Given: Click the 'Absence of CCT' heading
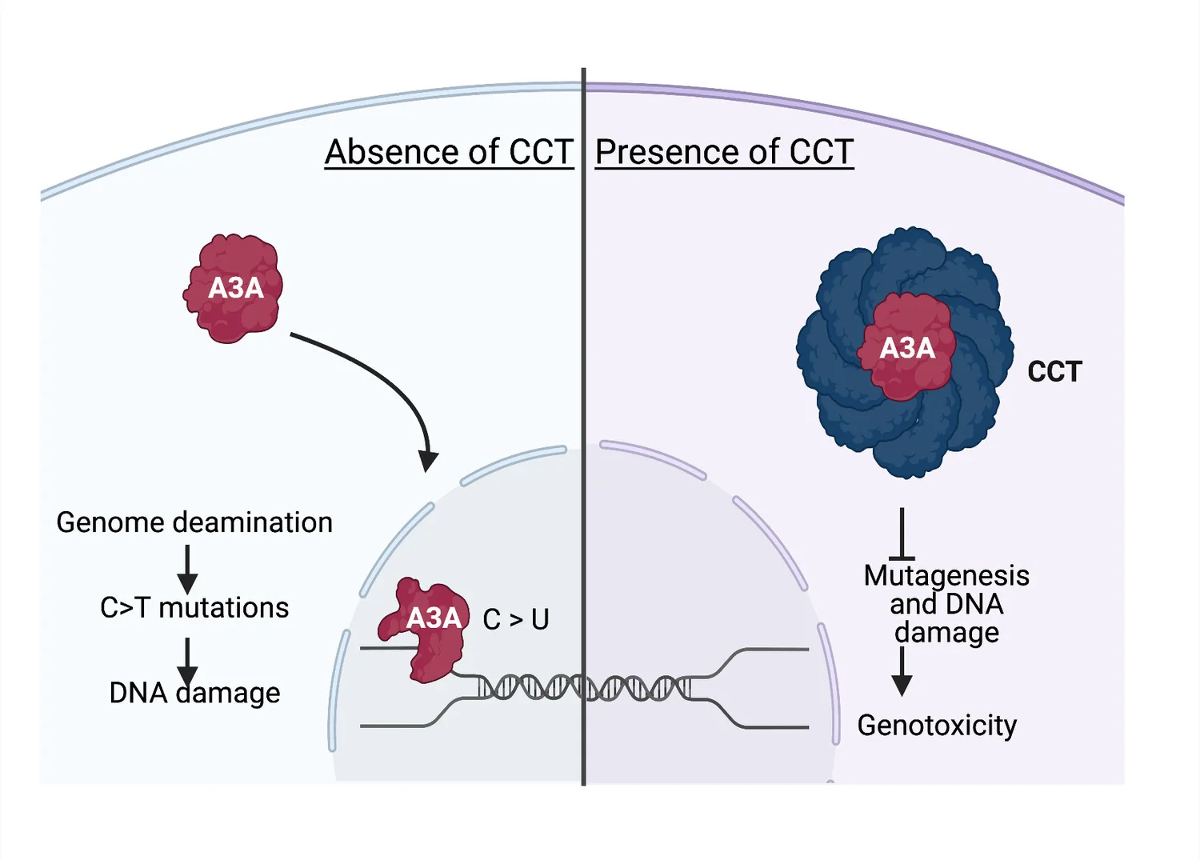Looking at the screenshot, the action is (449, 152).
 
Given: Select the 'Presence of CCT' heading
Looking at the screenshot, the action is (724, 152).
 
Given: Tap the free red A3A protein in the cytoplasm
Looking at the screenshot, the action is (234, 288).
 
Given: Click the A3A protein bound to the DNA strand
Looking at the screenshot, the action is (424, 630).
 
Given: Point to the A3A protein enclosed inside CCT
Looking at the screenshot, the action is (906, 347).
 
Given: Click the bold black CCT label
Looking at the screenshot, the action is (1054, 371).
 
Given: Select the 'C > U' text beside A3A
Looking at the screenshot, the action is (516, 619).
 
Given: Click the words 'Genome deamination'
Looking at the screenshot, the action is (194, 522).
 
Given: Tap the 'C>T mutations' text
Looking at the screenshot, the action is (194, 608).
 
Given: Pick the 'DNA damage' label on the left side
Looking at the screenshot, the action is (194, 692).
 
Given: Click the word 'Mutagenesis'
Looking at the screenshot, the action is (946, 576).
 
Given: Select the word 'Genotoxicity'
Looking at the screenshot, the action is (937, 726).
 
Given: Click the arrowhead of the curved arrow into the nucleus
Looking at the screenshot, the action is (427, 461).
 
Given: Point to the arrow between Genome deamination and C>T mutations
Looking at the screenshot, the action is (187, 569).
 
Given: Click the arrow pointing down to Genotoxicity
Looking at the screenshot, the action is (902, 671).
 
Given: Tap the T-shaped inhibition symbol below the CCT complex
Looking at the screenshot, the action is (902, 534).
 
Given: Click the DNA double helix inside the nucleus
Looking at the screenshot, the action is (583, 688).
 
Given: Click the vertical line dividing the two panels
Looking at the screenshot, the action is (583, 426).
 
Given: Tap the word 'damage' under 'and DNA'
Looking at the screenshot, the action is (946, 633).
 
